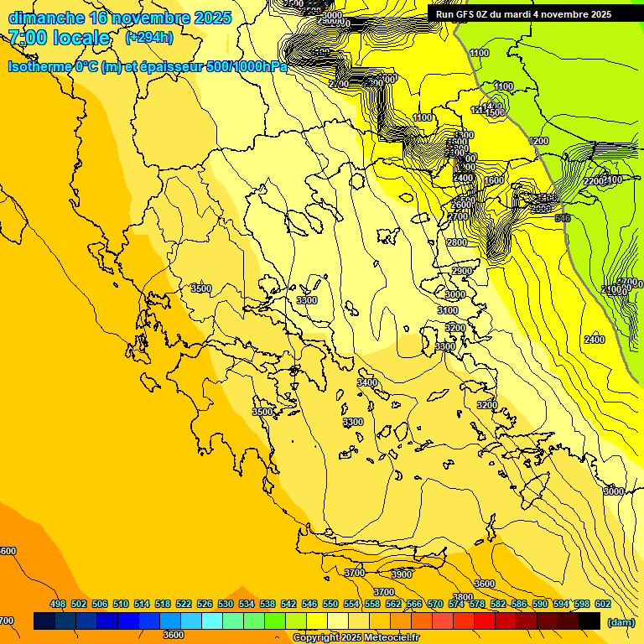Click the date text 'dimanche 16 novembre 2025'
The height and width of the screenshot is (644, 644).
tap(120, 18)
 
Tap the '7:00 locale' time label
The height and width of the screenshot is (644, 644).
tap(60, 38)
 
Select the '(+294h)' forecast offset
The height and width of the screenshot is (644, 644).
tap(149, 38)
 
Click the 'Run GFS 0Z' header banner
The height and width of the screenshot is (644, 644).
tap(523, 13)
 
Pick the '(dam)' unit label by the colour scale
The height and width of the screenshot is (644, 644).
tap(621, 622)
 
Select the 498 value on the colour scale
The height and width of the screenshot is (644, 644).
tap(58, 604)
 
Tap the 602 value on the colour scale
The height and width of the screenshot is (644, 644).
tap(602, 604)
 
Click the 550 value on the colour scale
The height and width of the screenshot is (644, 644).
tap(330, 604)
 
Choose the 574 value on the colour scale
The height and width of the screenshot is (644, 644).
tap(456, 604)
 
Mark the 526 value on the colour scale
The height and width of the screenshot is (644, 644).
tap(205, 604)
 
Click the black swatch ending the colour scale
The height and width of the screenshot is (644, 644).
tap(589, 621)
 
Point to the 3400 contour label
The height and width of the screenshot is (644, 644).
tap(367, 382)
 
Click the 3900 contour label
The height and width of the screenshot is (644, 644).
tap(402, 574)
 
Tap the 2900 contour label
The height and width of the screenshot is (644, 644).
tap(462, 272)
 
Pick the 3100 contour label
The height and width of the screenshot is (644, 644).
tap(448, 310)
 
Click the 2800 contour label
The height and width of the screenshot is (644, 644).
tap(457, 242)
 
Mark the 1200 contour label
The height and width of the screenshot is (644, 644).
tap(539, 141)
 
